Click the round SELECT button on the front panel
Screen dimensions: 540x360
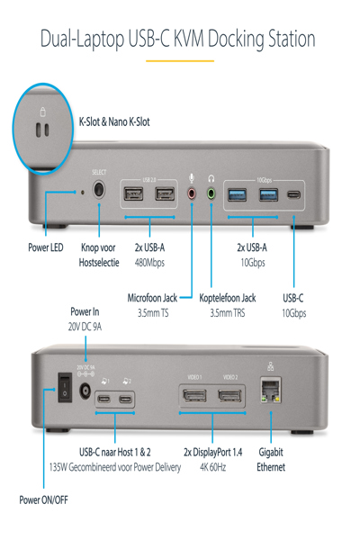[99, 191]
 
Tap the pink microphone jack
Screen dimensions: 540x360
[191, 192]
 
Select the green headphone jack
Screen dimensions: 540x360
[211, 192]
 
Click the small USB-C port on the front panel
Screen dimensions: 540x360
[293, 193]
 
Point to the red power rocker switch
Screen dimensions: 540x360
[62, 387]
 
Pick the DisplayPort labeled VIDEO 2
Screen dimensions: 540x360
[230, 397]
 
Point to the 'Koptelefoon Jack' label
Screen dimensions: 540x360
[228, 297]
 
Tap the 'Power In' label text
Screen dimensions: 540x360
[85, 311]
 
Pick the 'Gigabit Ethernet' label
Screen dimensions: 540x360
[271, 459]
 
